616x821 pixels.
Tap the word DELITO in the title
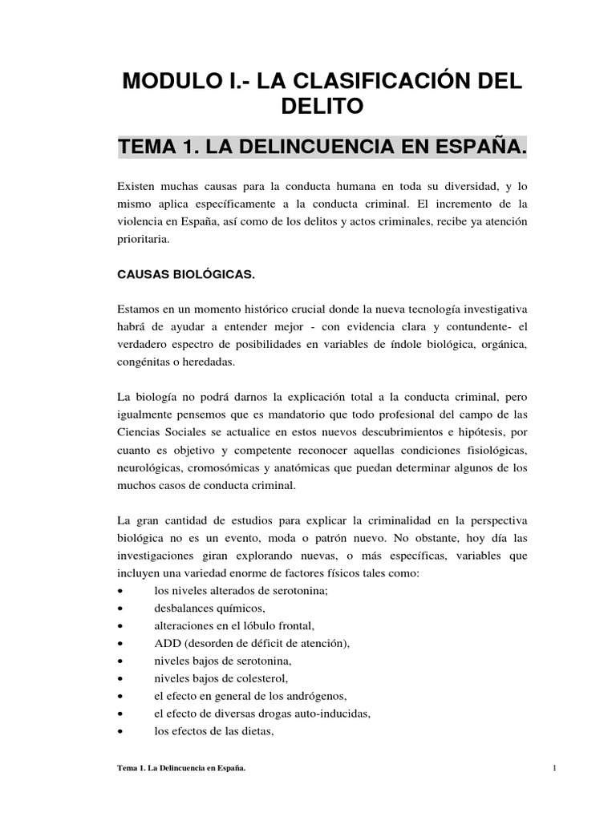(x=322, y=106)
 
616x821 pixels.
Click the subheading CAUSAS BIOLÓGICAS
(x=186, y=275)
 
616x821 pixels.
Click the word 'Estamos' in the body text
(x=139, y=309)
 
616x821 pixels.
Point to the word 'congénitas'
(x=145, y=362)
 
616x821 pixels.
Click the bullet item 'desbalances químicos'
(x=207, y=608)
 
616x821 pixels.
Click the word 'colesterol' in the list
(x=258, y=678)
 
